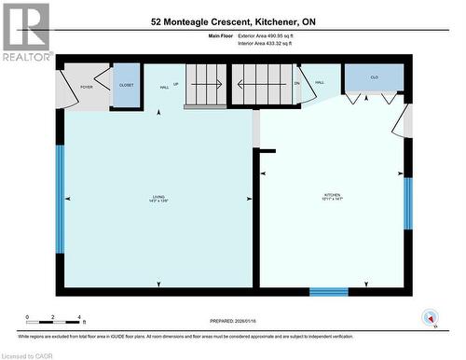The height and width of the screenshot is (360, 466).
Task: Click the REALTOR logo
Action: (26, 32)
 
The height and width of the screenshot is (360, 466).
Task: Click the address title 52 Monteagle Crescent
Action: (232, 20)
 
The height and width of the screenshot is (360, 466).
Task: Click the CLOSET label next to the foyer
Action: (126, 85)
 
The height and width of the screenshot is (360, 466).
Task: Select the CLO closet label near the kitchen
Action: (374, 77)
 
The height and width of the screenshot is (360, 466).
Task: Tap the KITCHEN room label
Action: (332, 197)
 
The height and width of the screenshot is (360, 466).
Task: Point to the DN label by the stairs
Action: (297, 84)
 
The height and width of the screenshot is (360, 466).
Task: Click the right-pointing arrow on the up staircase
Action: (206, 84)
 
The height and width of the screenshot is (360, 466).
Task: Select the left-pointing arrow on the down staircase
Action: (252, 84)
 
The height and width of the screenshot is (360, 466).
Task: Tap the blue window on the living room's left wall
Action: (60, 199)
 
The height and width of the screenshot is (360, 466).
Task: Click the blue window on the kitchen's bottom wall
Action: (328, 292)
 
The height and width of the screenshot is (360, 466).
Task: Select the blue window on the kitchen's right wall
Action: (407, 203)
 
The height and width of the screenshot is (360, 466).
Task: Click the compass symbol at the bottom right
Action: (430, 316)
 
